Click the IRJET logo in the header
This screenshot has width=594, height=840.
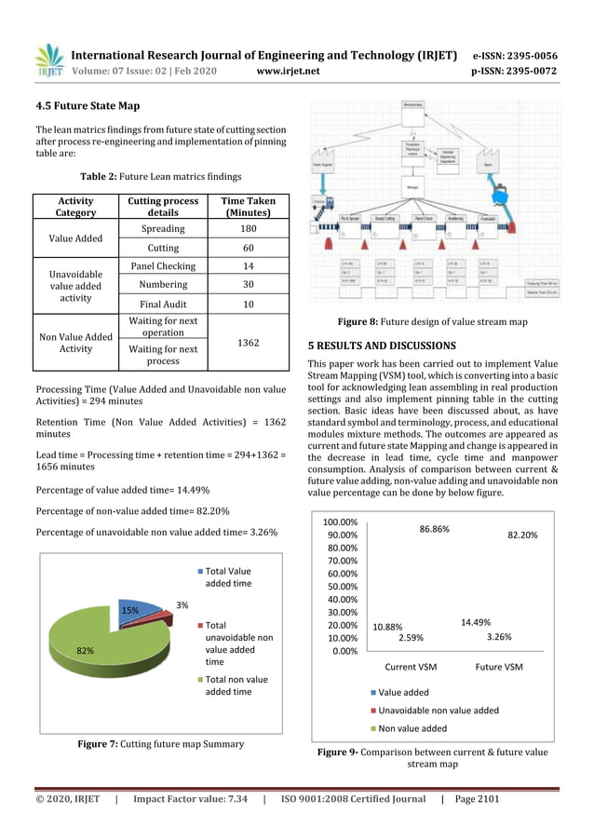coord(48,61)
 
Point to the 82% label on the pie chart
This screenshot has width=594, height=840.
coord(85,651)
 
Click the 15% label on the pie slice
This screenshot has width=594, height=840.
coord(130,611)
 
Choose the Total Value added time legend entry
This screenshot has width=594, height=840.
coord(227,576)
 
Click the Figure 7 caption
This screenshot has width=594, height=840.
coord(160,743)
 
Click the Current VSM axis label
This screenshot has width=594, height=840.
coord(411,667)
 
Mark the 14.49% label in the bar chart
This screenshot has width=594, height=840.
coord(475,622)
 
